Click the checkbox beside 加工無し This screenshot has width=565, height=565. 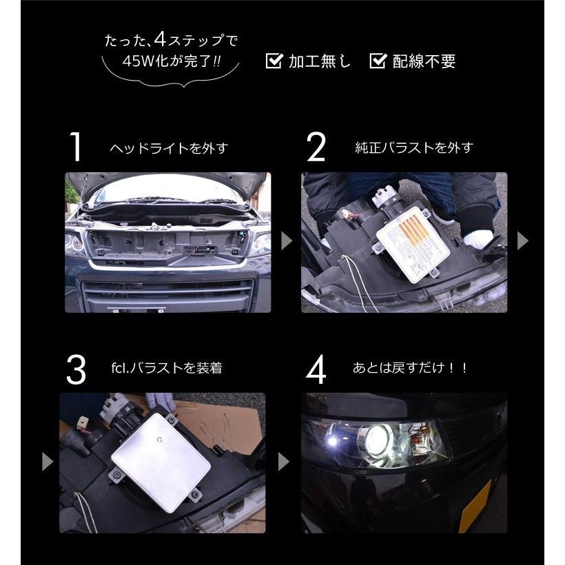coord(274,61)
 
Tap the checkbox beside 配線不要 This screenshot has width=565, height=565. coord(378,61)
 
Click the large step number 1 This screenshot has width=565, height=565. coord(75,147)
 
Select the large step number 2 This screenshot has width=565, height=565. coord(316,147)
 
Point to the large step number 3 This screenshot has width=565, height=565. coord(76,370)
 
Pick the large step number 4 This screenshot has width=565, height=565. coord(316,370)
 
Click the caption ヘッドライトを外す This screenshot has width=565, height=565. coord(169,148)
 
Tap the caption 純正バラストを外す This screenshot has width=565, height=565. coord(414,147)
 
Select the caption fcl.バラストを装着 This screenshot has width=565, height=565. coord(167,368)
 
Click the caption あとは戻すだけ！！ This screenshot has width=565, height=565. coord(410,368)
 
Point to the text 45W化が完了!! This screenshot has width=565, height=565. coord(171,61)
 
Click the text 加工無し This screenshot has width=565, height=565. coord(319,61)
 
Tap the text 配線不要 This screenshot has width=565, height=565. coord(424,61)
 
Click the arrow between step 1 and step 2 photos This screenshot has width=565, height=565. coord(286,240)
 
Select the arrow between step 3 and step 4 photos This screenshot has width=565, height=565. coord(284,462)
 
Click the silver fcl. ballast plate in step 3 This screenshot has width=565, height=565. coord(161,462)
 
